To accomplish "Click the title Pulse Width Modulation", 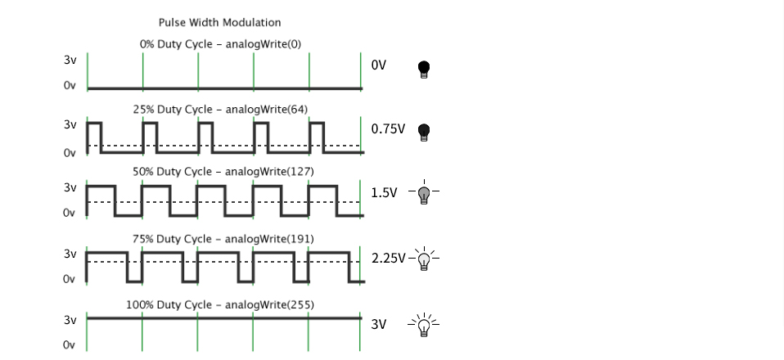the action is tap(219, 23).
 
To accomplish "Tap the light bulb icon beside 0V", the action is tap(423, 69).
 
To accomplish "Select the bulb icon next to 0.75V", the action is tap(423, 132).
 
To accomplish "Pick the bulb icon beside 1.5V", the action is tap(424, 192).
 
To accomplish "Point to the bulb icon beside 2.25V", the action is tap(424, 259).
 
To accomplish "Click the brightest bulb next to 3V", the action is tap(424, 325).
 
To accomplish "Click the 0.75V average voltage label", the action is tap(388, 129).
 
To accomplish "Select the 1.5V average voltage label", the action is tap(384, 192).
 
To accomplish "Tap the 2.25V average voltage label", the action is tap(388, 259).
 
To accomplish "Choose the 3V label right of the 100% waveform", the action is tap(379, 325).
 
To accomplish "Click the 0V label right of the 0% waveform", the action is tap(379, 65).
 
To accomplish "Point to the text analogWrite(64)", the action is tap(267, 110).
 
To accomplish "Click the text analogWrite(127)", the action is tap(269, 172).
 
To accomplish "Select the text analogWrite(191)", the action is tap(269, 240).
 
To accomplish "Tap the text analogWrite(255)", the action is tap(269, 305).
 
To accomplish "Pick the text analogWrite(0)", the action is tap(264, 44).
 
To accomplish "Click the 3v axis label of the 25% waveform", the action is tap(70, 124).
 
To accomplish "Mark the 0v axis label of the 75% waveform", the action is tap(69, 279).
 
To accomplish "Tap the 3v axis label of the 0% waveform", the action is tap(70, 60).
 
